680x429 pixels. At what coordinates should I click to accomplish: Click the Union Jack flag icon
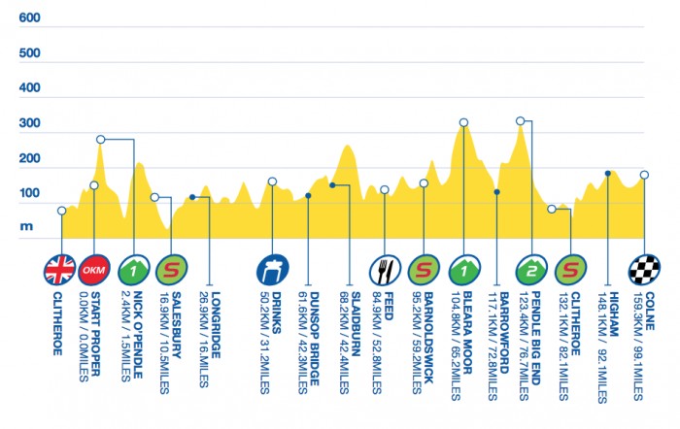pyautogui.click(x=61, y=269)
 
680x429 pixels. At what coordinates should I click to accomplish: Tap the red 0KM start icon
pyautogui.click(x=94, y=269)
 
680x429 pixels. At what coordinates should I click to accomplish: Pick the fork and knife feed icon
pyautogui.click(x=385, y=269)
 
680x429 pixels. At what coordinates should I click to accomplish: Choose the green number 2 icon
pyautogui.click(x=533, y=269)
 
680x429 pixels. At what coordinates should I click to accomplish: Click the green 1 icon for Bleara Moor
pyautogui.click(x=463, y=269)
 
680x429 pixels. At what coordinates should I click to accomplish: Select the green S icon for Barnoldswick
pyautogui.click(x=424, y=269)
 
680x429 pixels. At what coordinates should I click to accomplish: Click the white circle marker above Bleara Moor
pyautogui.click(x=463, y=123)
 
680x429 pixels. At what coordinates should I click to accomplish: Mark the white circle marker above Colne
pyautogui.click(x=644, y=176)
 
